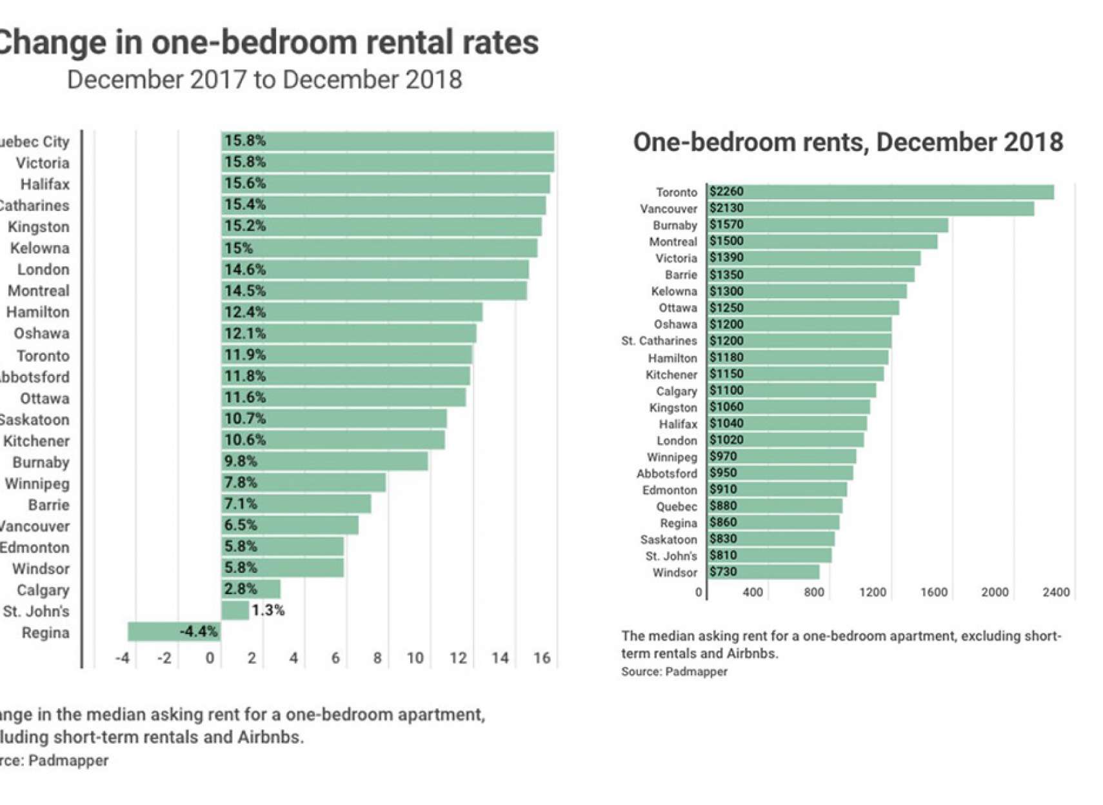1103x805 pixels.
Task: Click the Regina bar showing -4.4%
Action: [x=174, y=631]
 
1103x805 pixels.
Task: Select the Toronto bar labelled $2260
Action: [x=880, y=192]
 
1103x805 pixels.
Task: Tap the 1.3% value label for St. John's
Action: [x=268, y=610]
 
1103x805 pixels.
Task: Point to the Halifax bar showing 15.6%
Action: [x=385, y=184]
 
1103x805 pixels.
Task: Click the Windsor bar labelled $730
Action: [x=762, y=572]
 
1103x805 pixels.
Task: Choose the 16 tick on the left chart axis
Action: [x=542, y=658]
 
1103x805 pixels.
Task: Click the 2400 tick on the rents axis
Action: [x=1056, y=592]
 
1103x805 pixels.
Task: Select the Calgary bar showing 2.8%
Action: [x=251, y=589]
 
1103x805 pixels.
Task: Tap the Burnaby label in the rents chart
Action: [x=675, y=225]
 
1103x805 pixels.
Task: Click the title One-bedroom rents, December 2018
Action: [x=848, y=143]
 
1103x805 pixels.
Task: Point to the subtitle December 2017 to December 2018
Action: [x=264, y=80]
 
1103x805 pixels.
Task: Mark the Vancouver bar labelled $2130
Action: [x=870, y=208]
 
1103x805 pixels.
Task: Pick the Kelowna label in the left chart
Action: [x=39, y=248]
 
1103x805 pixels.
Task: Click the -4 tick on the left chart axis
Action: [x=123, y=658]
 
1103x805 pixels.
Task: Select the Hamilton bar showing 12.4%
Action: [x=352, y=312]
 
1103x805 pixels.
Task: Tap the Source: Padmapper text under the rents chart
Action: [x=674, y=671]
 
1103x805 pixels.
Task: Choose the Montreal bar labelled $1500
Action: [x=822, y=241]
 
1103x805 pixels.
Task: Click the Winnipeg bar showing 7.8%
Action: [x=303, y=482]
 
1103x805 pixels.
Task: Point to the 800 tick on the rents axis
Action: [x=814, y=592]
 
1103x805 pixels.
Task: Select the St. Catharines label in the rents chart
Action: [x=659, y=341]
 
